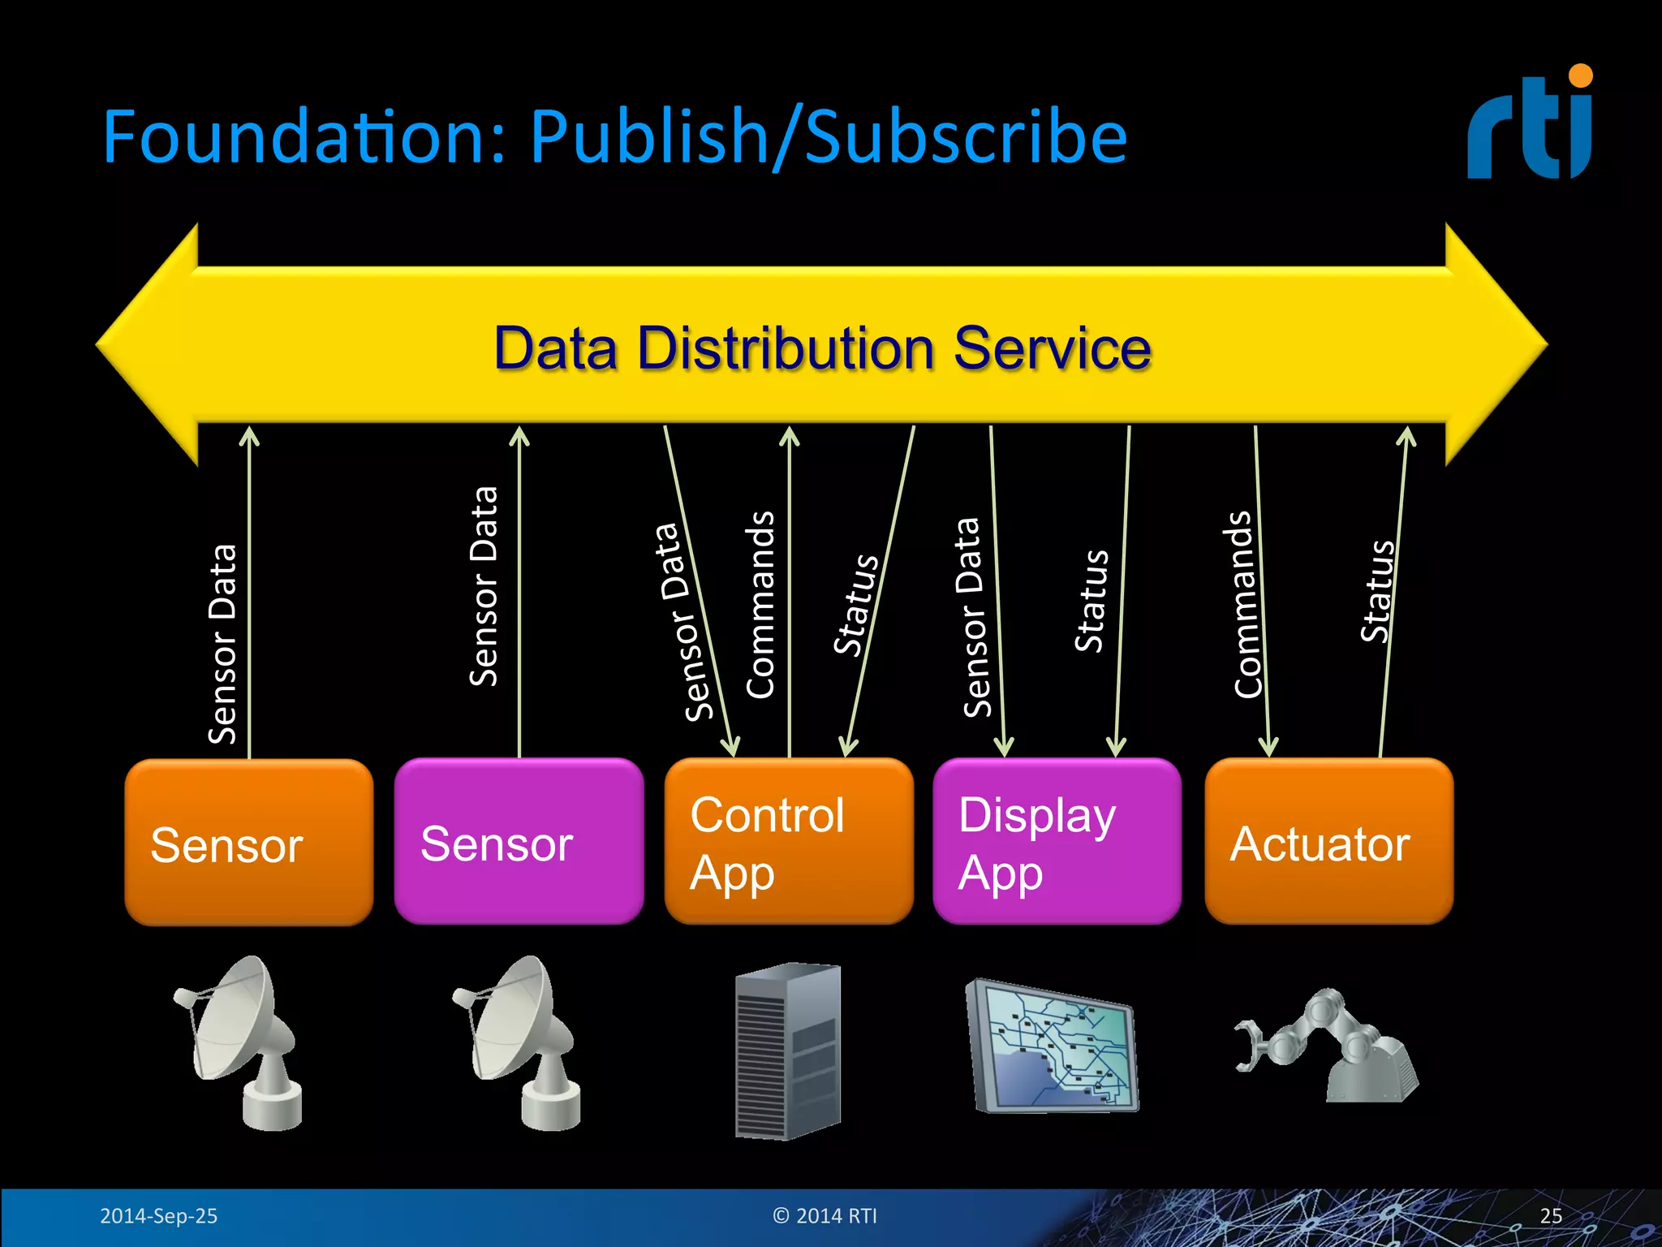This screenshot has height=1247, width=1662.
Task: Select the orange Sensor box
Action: click(x=248, y=842)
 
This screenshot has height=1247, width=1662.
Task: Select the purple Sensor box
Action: click(x=519, y=842)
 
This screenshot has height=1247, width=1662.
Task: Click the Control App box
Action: click(x=788, y=842)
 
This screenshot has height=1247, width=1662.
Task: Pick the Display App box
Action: click(x=1057, y=842)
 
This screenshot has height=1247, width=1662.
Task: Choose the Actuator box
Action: click(x=1328, y=842)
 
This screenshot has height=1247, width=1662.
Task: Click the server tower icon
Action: click(x=788, y=1051)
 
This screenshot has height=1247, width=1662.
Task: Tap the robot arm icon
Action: click(x=1327, y=1047)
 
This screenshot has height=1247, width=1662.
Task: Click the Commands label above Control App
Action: click(x=760, y=605)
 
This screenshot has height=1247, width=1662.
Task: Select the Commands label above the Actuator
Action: click(x=1246, y=605)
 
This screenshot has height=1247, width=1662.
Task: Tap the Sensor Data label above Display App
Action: click(x=972, y=617)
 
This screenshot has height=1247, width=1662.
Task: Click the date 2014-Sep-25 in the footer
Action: click(x=158, y=1216)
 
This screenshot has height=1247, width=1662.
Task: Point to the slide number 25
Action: click(x=1550, y=1216)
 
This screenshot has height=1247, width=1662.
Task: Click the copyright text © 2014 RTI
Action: click(x=825, y=1216)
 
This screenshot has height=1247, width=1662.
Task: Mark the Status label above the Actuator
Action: click(x=1376, y=591)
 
